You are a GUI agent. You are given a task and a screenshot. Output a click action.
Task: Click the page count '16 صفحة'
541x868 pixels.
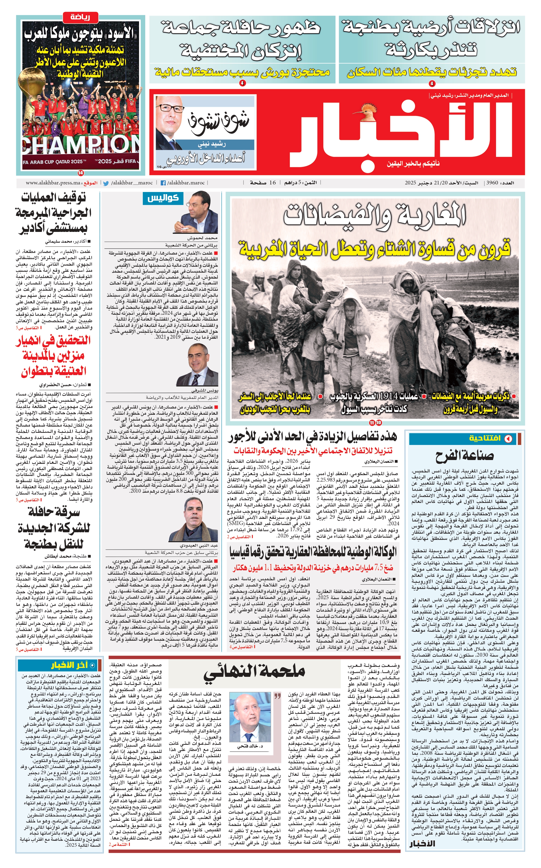tap(263, 183)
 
